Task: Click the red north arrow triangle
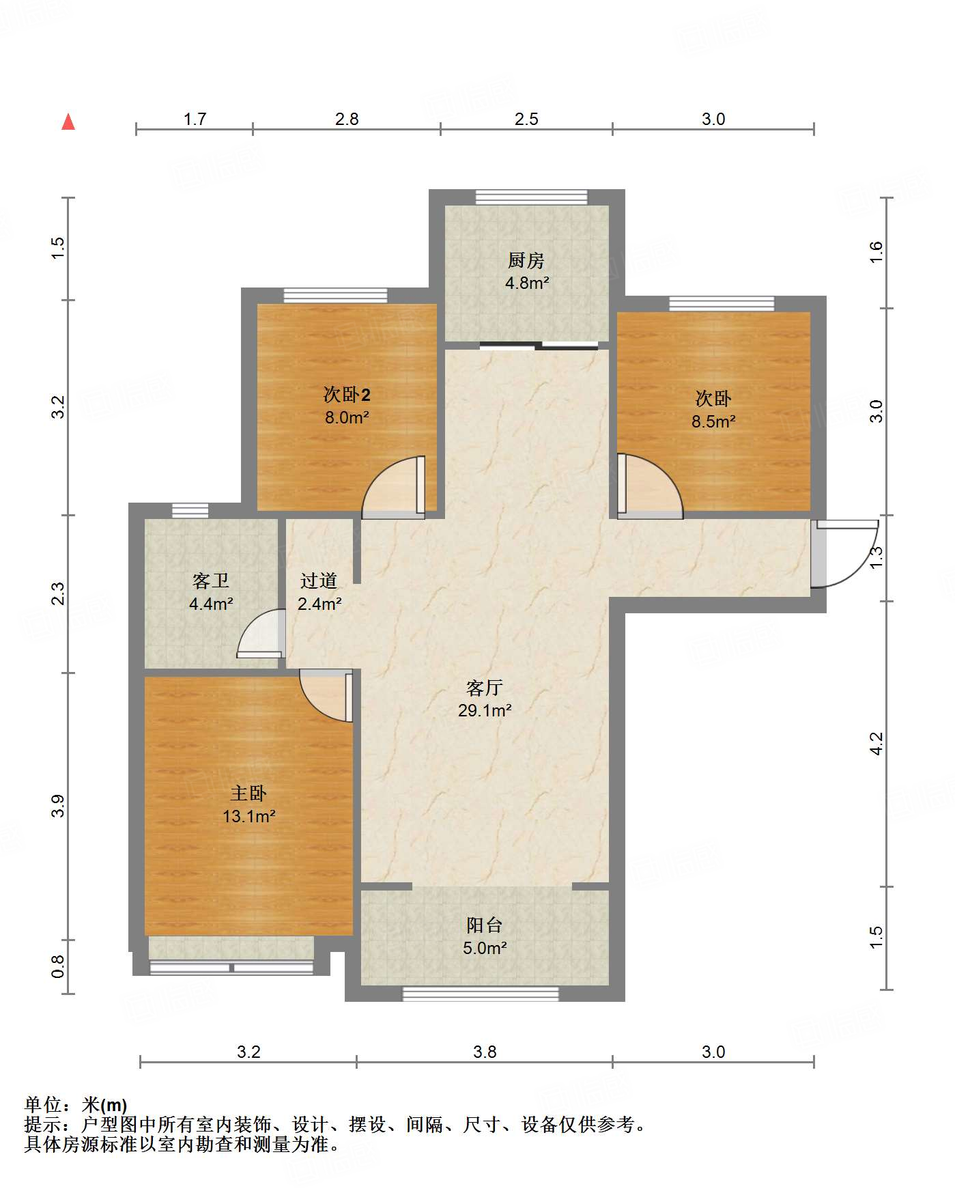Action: point(68,122)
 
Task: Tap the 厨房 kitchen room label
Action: point(526,260)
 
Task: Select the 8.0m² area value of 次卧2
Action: point(347,417)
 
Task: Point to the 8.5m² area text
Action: point(713,421)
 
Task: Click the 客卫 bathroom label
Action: point(211,580)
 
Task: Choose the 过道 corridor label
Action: point(319,580)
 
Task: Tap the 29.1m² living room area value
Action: point(485,710)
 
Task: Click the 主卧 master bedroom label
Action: point(248,793)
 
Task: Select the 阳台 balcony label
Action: point(485,925)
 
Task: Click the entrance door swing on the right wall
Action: point(845,553)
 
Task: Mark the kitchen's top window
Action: point(531,197)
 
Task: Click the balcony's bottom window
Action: point(481,994)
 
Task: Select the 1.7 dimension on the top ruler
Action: point(195,119)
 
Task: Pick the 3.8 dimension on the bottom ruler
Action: point(485,1052)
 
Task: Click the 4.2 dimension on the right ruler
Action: point(876,744)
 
